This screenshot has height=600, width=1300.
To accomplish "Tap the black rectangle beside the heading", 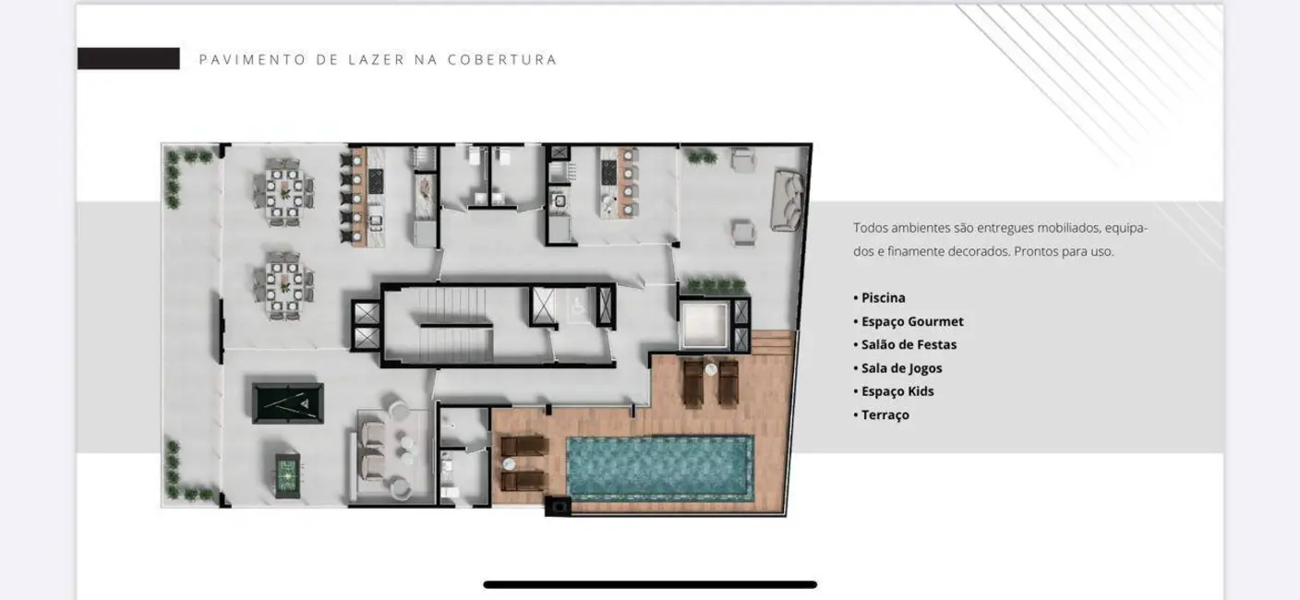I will (128, 59).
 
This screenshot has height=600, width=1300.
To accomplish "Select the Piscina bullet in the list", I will (883, 298).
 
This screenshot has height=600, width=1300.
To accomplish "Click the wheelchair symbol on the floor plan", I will (575, 305).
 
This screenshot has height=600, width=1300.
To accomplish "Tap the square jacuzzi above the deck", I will (704, 324).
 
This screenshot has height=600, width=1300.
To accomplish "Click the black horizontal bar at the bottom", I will (650, 584).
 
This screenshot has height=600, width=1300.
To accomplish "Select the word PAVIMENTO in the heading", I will (240, 60).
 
